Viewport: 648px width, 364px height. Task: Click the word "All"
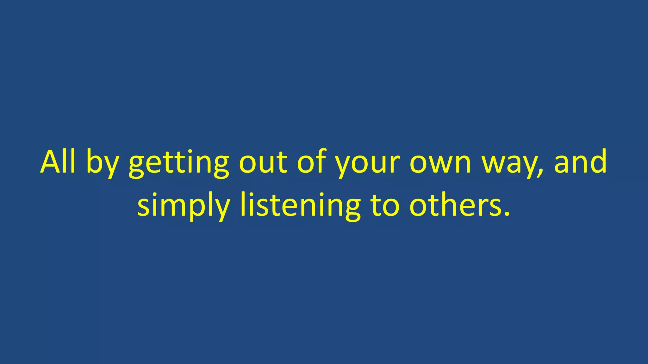click(x=58, y=162)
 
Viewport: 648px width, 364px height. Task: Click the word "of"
click(x=312, y=162)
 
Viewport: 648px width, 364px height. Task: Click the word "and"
click(x=580, y=162)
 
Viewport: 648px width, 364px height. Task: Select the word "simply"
click(x=184, y=206)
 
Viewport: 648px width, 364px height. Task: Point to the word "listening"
click(x=300, y=206)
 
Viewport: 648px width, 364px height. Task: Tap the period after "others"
click(x=507, y=214)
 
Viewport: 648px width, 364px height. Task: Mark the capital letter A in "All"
click(x=52, y=162)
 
